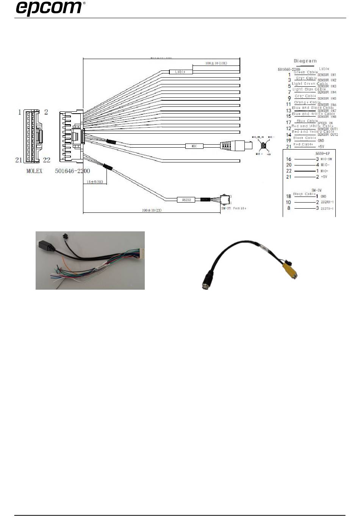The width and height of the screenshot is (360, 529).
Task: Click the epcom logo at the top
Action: coord(50,8)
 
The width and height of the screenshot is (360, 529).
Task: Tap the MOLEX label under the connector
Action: coord(34,171)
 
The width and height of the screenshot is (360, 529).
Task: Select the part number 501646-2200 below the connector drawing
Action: coord(72,171)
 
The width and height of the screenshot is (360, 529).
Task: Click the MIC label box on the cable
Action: coord(194,146)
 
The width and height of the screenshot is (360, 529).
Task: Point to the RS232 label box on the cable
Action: coord(186,199)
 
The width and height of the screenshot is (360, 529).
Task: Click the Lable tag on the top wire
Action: coord(180,72)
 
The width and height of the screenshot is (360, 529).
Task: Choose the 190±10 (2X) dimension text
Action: coord(152,210)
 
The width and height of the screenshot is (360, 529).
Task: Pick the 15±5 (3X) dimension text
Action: coord(95,182)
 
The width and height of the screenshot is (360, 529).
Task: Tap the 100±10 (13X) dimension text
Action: coord(216,63)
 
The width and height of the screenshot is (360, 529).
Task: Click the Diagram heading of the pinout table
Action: coord(305,61)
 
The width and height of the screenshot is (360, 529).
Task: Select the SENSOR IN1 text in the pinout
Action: coord(327,75)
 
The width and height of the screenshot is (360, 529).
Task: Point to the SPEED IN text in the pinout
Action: coord(325,123)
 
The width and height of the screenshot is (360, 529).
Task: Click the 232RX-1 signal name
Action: coord(327,202)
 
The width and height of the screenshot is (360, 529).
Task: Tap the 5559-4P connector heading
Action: coord(322,153)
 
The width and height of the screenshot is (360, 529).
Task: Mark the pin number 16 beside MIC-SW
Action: coord(289,159)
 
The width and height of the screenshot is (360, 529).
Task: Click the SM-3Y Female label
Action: coord(234,208)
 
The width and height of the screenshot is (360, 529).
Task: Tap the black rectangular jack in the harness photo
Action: coord(46,248)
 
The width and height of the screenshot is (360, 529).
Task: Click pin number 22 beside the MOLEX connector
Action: coord(46,160)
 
